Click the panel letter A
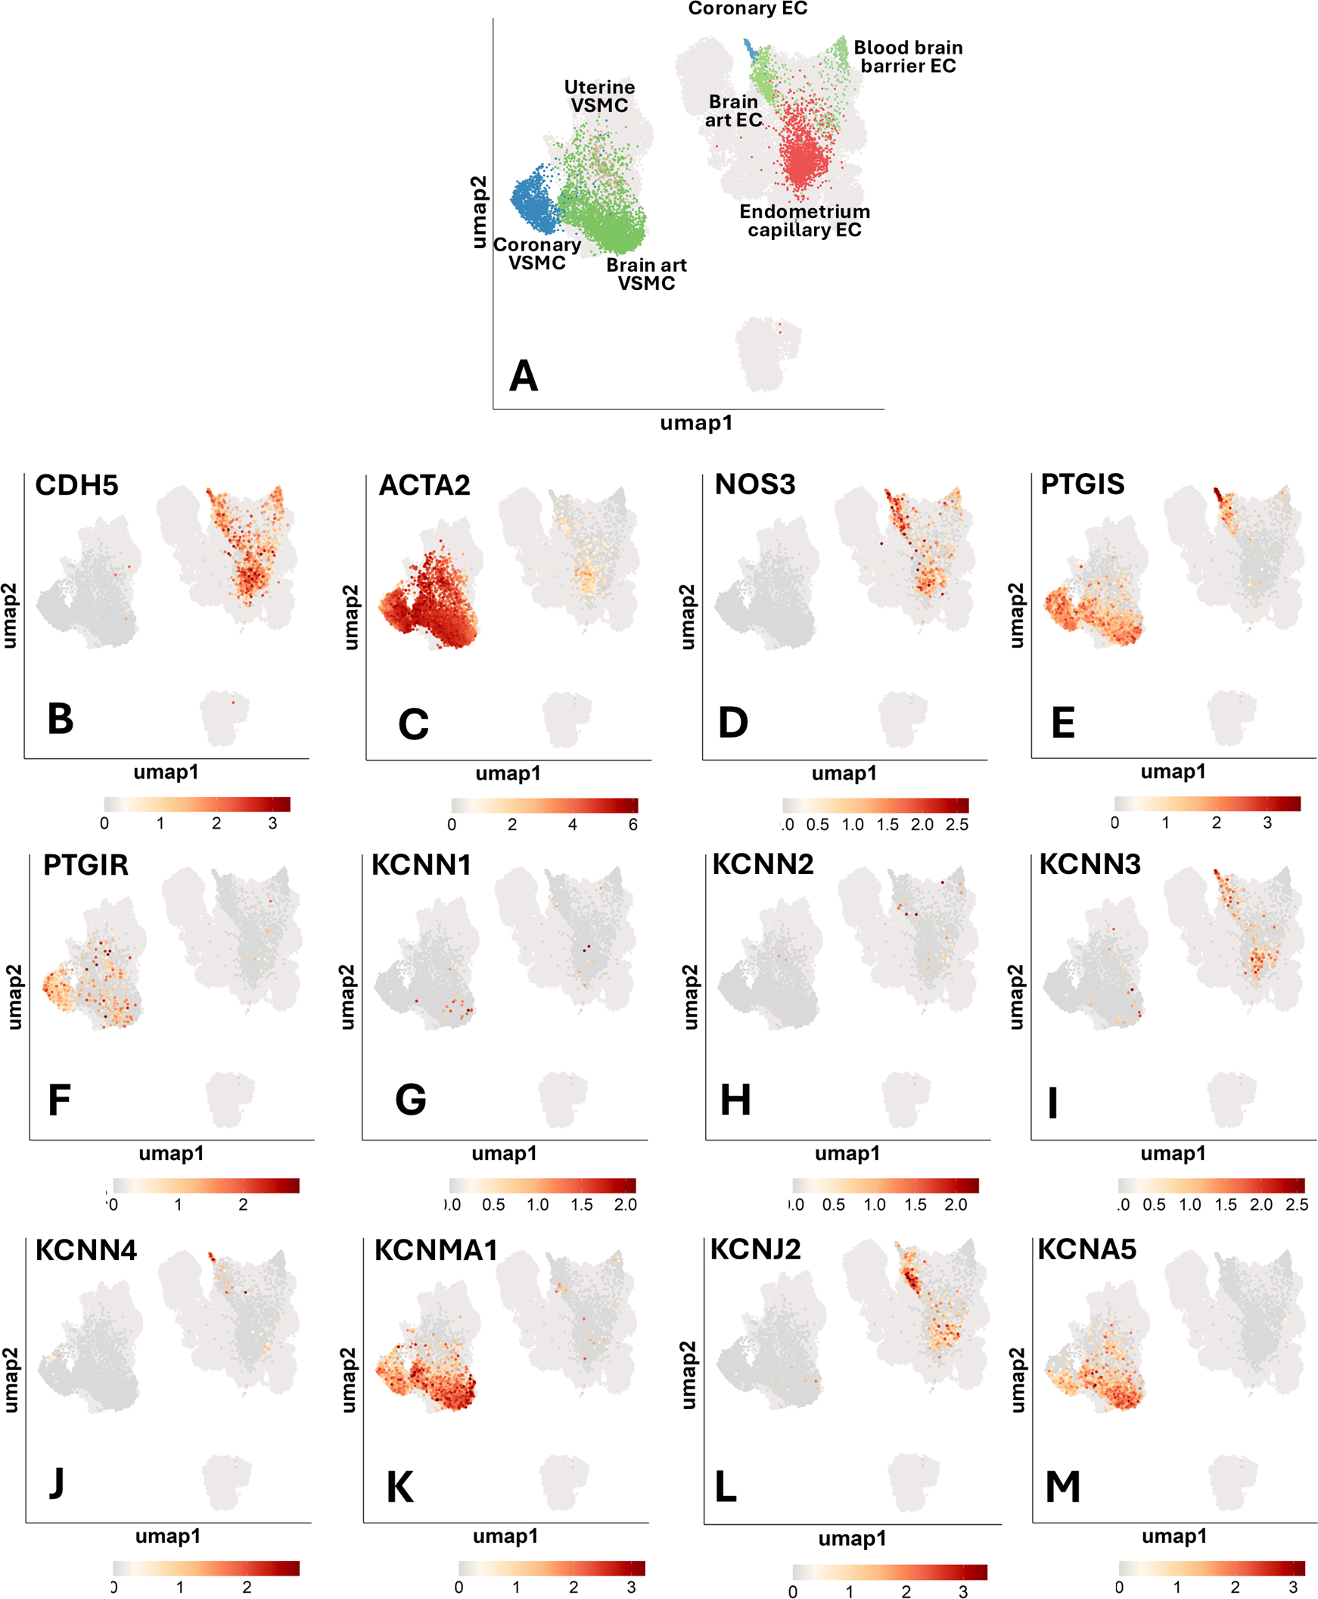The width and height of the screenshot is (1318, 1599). click(x=523, y=376)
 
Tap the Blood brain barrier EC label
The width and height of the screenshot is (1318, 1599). click(x=907, y=57)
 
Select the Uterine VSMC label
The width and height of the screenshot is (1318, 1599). click(x=599, y=96)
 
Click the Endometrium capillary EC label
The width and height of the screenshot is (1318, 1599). click(x=805, y=221)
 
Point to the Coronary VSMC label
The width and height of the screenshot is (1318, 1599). click(x=536, y=254)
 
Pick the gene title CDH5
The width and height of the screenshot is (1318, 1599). click(x=76, y=485)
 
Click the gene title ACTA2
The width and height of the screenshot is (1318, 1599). click(x=424, y=485)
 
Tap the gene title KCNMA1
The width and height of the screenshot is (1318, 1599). click(x=436, y=1249)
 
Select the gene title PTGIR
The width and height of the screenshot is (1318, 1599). click(x=85, y=865)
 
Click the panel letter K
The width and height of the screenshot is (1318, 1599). click(x=400, y=1488)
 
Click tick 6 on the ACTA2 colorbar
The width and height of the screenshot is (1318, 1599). click(x=633, y=825)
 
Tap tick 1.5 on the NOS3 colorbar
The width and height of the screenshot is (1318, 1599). click(x=887, y=825)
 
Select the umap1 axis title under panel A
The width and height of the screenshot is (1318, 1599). click(x=696, y=423)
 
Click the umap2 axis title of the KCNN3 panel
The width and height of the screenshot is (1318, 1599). click(x=1017, y=997)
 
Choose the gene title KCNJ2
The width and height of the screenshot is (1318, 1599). click(x=755, y=1249)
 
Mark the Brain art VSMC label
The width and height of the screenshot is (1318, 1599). click(x=646, y=274)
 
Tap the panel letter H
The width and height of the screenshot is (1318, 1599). click(x=735, y=1100)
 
